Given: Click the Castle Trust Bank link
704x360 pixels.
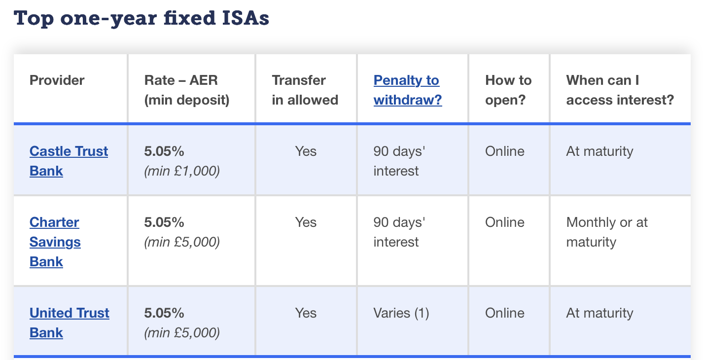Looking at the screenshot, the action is [69, 161].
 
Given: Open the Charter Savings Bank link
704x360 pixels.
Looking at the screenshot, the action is [55, 242].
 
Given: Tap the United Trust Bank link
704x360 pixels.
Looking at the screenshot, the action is [69, 323].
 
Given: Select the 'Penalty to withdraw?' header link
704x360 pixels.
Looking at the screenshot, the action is [408, 90].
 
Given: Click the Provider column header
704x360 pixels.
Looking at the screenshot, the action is [57, 80].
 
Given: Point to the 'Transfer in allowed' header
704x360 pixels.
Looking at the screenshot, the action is [305, 90].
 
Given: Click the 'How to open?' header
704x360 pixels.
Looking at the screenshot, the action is [508, 90].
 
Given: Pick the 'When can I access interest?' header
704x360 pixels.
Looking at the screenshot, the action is [620, 90].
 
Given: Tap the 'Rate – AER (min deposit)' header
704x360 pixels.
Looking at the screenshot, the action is [187, 90].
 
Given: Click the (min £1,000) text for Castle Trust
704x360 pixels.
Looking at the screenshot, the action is [182, 171].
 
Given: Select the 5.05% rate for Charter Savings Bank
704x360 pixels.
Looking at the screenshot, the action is [164, 222].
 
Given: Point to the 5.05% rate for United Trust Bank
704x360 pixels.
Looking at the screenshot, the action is [164, 313].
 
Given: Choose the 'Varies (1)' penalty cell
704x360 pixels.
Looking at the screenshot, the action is [401, 313].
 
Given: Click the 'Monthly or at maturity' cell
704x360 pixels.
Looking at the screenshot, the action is [607, 232].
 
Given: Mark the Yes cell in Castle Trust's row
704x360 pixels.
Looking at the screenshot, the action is [306, 151].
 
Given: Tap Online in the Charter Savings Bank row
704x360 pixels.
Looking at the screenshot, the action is [505, 222].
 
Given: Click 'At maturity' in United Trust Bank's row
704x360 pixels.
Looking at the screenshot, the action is [599, 313].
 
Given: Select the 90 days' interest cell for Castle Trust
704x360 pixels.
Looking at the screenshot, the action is [399, 161].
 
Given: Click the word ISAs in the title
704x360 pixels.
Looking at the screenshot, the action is [246, 18].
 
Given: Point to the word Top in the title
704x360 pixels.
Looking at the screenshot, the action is [34, 19].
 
